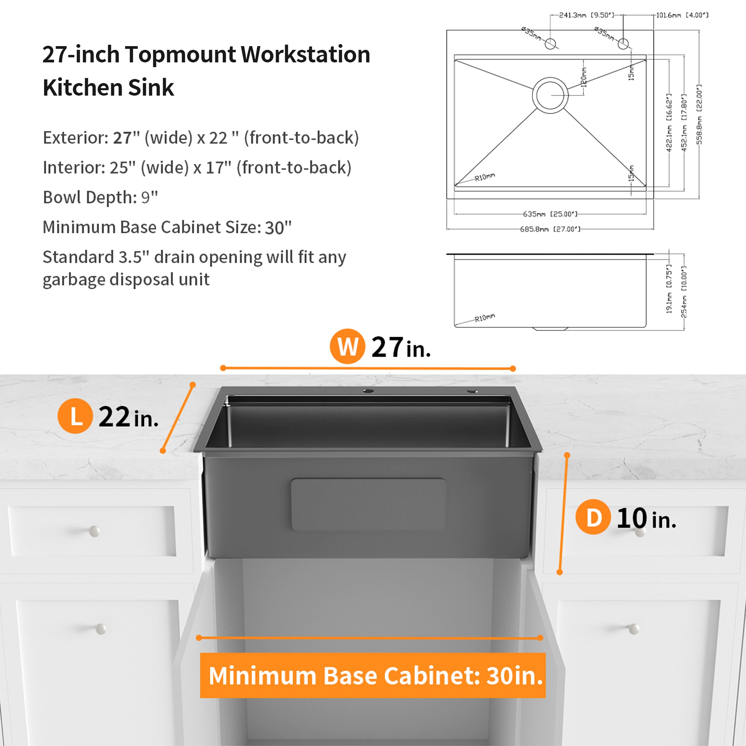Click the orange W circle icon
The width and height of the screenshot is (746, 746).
pos(347,346)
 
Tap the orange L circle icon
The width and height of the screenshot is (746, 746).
pos(75,416)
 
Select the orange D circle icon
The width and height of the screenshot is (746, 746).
pos(593,517)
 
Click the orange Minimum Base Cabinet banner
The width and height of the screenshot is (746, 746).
pos(373,675)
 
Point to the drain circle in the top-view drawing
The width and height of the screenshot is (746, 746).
pos(550,95)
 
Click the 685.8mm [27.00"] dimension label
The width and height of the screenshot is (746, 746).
pos(550,229)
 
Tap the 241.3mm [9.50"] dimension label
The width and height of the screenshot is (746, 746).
pos(586,15)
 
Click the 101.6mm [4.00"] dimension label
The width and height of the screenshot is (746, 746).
pos(682,15)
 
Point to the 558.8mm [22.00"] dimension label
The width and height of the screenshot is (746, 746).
pos(699,114)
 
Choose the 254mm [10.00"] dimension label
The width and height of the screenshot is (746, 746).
pos(684,292)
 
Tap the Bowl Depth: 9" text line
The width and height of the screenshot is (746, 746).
pos(100,197)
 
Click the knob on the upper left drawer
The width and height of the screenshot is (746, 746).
pos(94,531)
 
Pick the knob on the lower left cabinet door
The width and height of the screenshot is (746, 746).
pos(101,629)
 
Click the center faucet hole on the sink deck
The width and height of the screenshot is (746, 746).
pos(368,391)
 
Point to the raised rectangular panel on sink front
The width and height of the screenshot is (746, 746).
pos(368,504)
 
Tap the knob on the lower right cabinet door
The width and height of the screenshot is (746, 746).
pos(634,629)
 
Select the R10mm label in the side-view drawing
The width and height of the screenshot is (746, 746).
pos(485,318)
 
